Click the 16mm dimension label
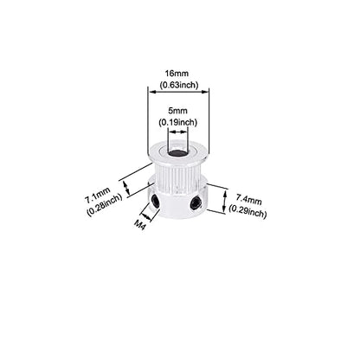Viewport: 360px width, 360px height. coord(177,74)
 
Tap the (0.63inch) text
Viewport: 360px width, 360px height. coord(179,85)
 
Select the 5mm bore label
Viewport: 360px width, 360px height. coord(177,111)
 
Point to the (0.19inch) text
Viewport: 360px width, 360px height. coord(178,122)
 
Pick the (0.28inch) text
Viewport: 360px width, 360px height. coord(105,206)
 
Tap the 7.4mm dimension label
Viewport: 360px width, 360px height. coord(249,199)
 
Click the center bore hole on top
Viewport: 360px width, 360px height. coord(177,153)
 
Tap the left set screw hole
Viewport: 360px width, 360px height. coord(155,201)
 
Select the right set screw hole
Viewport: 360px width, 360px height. coord(196,202)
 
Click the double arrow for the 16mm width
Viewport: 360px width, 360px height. coord(178,92)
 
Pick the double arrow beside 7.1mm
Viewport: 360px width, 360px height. coord(126,188)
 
